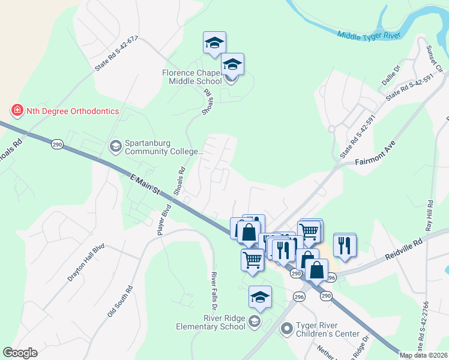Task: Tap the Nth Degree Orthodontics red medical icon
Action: tap(17, 110)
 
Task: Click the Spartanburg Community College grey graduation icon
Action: tap(115, 145)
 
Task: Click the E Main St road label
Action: tap(145, 182)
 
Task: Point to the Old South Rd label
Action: tap(120, 302)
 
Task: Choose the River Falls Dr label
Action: tap(213, 289)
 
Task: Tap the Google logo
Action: tap(20, 353)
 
